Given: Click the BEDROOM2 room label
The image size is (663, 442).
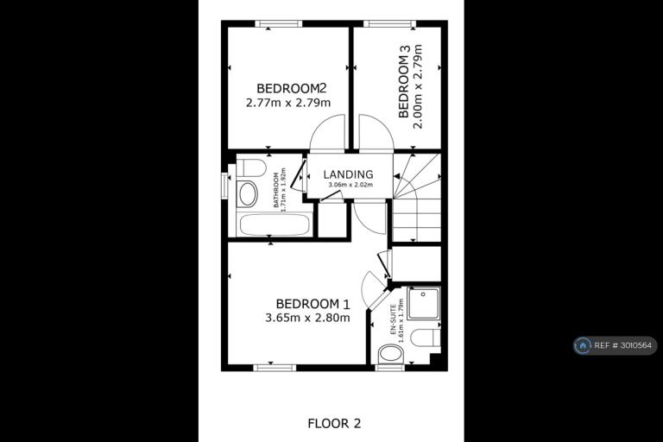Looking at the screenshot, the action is coord(291,88).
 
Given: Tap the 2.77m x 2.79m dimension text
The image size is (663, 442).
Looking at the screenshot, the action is coord(288,103).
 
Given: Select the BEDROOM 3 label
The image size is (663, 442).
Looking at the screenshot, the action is coord(404,81).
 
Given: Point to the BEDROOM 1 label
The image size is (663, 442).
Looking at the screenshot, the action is coord(313,304).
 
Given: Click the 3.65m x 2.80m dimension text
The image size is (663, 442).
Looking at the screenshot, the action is coord(307,318).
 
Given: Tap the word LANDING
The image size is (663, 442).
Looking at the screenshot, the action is coord(349,174).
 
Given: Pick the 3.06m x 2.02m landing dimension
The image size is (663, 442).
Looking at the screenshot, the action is coord(350,185).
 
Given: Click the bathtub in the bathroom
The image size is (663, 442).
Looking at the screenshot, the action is coord(275,224).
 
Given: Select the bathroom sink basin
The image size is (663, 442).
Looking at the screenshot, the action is coord(248,194).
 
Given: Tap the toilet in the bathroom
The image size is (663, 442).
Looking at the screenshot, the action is coord(250,167).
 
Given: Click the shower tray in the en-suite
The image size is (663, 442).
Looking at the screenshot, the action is coord(424,303).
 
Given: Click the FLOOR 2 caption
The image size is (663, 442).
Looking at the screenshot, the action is coord(334,423).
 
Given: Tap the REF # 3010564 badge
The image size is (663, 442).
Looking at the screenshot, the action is coord(616,345).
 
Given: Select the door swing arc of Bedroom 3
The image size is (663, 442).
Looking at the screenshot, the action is coord(382,123).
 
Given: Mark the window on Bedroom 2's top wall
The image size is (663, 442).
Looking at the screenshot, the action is coord(279,23).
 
